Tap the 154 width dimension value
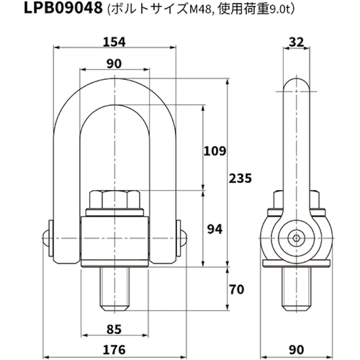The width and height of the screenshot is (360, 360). click(114, 42)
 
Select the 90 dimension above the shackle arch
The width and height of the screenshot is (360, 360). click(115, 64)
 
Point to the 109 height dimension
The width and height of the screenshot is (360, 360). click(214, 150)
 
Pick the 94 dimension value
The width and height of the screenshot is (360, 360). click(214, 229)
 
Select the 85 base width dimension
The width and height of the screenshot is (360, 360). click(114, 330)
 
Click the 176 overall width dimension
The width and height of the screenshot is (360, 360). click(114, 349)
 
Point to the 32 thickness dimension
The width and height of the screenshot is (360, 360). click(297, 42)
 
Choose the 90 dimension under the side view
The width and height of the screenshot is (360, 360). click(297, 349)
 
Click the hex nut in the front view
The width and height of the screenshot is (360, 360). click(115, 200)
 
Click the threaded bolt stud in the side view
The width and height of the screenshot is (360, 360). click(297, 288)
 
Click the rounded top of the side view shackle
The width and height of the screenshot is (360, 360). click(297, 83)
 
